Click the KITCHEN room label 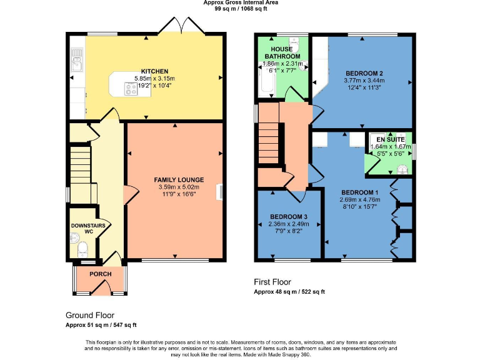154,71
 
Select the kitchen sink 77,62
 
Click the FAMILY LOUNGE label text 179,180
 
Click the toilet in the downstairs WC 82,250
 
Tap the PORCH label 101,274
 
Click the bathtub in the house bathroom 264,78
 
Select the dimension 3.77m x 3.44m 362,81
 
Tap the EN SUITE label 390,139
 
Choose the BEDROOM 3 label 289,217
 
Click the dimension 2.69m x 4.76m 359,200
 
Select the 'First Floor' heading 272,282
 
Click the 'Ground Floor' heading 90,315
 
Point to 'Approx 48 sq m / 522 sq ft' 289,292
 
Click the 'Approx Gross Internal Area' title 241,2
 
